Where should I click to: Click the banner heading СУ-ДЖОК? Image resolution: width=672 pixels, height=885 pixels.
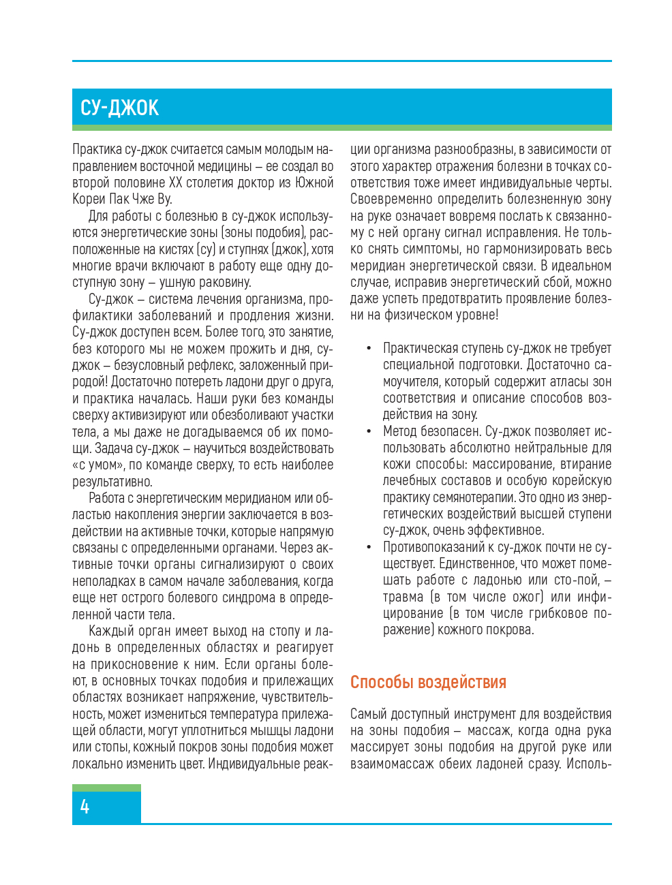[x=120, y=108]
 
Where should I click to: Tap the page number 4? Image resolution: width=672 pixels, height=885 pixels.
[x=85, y=807]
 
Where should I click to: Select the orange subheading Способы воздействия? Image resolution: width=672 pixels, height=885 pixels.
[x=428, y=682]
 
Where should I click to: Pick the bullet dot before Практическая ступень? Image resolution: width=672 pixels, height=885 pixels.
[x=368, y=348]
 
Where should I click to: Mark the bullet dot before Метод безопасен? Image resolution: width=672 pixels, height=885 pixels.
[x=368, y=431]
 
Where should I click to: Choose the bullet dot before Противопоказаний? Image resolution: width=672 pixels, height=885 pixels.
[x=368, y=547]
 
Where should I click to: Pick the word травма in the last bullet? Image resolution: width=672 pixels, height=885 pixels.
[x=403, y=597]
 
